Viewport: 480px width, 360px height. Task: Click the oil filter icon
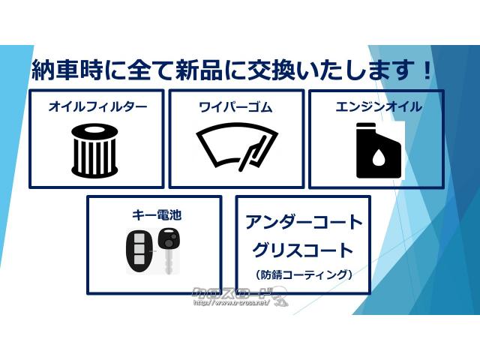pyautogui.click(x=96, y=148)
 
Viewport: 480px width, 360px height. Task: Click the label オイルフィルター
pyautogui.click(x=97, y=107)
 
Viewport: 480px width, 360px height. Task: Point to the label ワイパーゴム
pyautogui.click(x=235, y=107)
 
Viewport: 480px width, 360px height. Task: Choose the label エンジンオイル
pyautogui.click(x=378, y=107)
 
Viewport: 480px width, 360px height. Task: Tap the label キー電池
pyautogui.click(x=156, y=215)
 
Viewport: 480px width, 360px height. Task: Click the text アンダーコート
pyautogui.click(x=303, y=223)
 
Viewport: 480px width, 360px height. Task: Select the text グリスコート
pyautogui.click(x=303, y=250)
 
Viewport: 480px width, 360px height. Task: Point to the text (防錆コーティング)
pyautogui.click(x=303, y=274)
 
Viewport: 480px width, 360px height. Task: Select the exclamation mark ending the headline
pyautogui.click(x=427, y=71)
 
